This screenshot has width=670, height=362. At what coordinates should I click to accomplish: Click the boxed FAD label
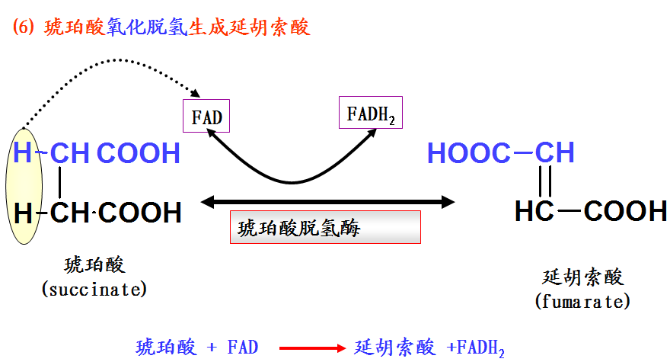point(207,117)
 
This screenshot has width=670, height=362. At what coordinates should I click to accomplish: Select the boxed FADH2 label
point(371,114)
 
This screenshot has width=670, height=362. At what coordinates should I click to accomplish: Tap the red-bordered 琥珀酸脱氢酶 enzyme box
point(324,227)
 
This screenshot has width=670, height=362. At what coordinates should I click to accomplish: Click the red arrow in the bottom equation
point(312,348)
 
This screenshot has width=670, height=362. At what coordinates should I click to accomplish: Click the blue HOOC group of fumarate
point(469,153)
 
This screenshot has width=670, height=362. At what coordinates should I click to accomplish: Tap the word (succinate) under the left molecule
point(94,290)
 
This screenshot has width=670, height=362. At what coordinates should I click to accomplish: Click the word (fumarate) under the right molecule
point(582,301)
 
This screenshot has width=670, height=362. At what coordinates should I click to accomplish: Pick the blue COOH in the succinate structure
point(139,153)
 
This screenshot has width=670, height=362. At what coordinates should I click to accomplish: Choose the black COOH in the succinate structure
point(140,213)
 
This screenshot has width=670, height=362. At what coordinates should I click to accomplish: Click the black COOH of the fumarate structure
point(625,211)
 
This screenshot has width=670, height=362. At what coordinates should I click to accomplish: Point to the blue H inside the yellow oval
point(24,153)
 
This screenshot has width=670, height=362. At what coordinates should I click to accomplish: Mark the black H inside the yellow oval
point(24,213)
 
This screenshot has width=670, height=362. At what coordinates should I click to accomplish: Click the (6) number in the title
point(24,28)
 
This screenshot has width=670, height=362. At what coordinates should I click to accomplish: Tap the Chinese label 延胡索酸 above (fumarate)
point(582,277)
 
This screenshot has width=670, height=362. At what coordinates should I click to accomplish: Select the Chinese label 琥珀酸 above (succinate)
point(94,266)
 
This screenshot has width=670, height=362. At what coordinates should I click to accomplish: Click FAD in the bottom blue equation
point(243,348)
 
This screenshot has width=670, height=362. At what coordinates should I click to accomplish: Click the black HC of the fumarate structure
point(534,211)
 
